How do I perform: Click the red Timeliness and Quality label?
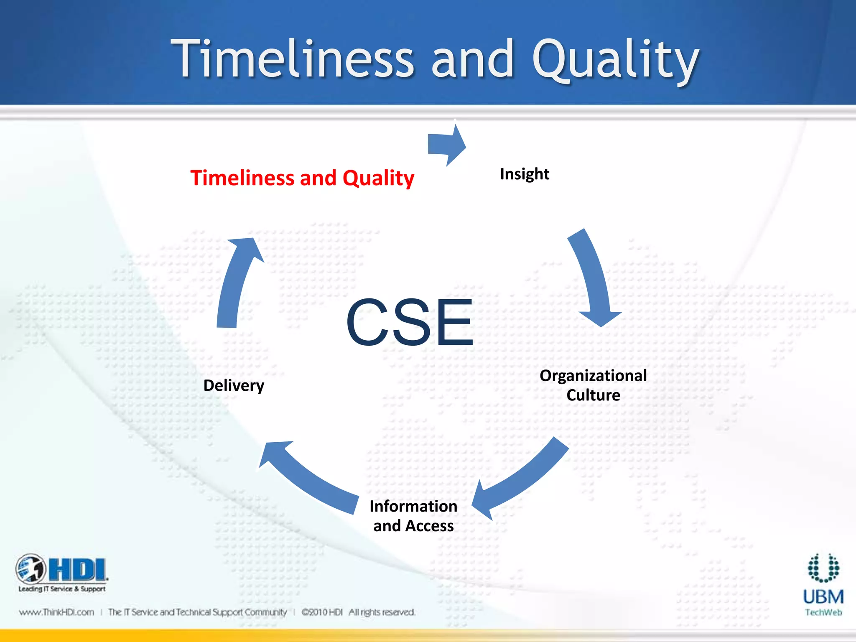(x=302, y=178)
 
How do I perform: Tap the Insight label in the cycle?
(x=524, y=174)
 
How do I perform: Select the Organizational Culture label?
(x=593, y=385)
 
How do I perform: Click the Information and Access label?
(x=413, y=516)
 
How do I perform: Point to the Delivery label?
(x=234, y=385)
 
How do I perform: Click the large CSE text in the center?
(x=410, y=323)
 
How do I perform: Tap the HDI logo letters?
(x=78, y=570)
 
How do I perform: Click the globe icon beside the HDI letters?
(x=31, y=568)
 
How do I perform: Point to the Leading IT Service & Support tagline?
(x=62, y=589)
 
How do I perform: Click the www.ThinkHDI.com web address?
(x=56, y=612)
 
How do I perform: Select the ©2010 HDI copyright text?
(x=322, y=612)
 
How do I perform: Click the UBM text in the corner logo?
(x=823, y=597)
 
